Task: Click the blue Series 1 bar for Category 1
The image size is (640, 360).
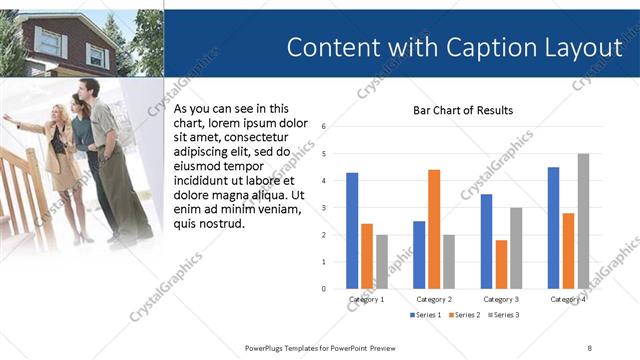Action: (x=352, y=231)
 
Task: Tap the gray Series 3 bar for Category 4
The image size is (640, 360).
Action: (x=583, y=221)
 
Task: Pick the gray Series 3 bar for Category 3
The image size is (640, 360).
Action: (x=516, y=248)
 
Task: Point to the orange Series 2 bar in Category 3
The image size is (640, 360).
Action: (x=501, y=264)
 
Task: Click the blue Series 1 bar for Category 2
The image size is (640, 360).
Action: (x=419, y=255)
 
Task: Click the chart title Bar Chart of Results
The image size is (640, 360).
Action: (x=463, y=110)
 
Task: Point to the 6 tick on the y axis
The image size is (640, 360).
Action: (x=324, y=127)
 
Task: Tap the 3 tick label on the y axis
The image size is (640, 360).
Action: (x=324, y=208)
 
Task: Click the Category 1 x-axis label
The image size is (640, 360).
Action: (x=367, y=299)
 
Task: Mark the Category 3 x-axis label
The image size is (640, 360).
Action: (x=501, y=299)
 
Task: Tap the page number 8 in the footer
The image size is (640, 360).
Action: (x=589, y=346)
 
